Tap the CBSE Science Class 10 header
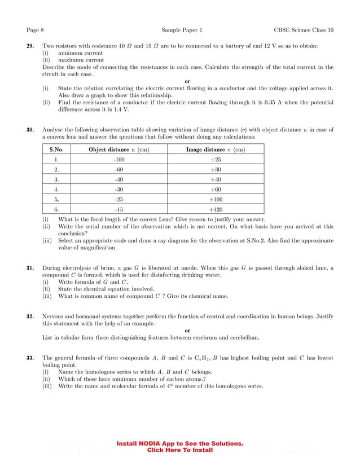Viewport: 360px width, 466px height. (x=304, y=29)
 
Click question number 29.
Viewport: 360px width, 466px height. (x=31, y=46)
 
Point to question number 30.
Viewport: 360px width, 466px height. (x=31, y=130)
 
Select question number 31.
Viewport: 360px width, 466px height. (x=31, y=268)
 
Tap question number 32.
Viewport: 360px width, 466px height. (x=31, y=317)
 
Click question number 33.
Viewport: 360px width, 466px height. (x=31, y=358)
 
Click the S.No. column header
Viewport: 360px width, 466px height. (x=56, y=150)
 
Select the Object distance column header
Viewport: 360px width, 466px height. (x=119, y=150)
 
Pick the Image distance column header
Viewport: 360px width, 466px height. (x=216, y=150)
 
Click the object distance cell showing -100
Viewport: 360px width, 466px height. (x=119, y=160)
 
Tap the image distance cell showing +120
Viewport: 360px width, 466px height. (x=216, y=208)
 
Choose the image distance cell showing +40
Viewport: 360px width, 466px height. (x=216, y=179)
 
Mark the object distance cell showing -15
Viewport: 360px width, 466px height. (x=119, y=208)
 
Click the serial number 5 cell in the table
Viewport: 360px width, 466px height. (x=56, y=199)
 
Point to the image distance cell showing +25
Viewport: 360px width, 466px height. (x=216, y=160)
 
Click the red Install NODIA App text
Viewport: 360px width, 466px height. (x=179, y=444)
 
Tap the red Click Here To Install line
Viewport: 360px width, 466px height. (x=179, y=450)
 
